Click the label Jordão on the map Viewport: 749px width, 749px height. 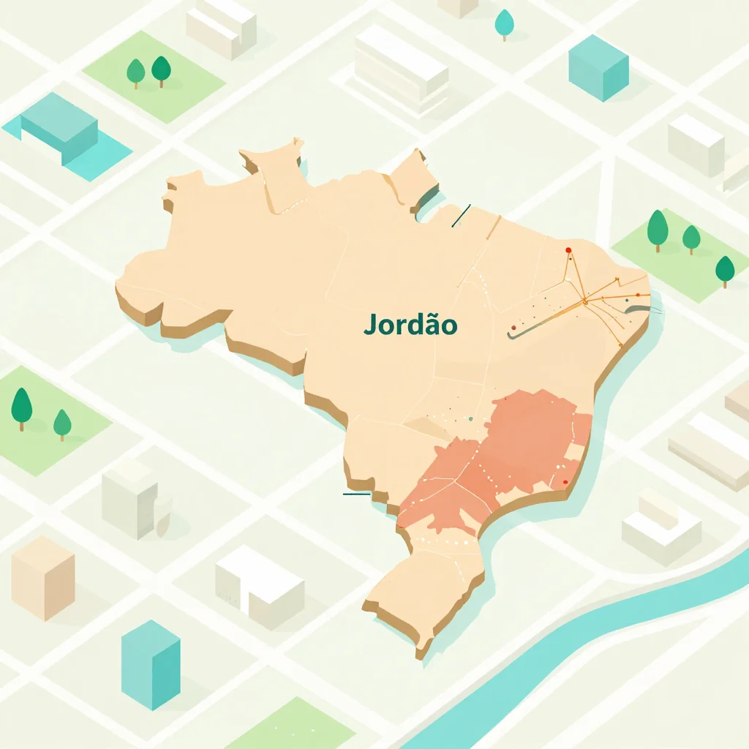click(x=410, y=324)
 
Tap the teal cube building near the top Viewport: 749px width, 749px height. click(x=598, y=67)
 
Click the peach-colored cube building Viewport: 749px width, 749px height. click(x=42, y=577)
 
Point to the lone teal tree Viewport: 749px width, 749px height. click(x=504, y=23)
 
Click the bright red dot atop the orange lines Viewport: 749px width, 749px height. click(x=568, y=250)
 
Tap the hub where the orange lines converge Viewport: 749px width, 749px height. click(x=585, y=301)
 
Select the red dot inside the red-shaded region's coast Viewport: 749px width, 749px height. click(x=564, y=482)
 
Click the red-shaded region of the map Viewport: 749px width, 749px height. click(x=512, y=446)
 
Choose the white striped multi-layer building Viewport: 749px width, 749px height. click(x=401, y=69)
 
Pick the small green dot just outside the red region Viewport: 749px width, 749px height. click(x=470, y=418)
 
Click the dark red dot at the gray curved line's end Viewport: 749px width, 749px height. click(x=513, y=328)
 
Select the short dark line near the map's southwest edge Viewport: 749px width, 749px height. click(x=356, y=494)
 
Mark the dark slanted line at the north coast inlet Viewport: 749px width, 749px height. click(x=461, y=216)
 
